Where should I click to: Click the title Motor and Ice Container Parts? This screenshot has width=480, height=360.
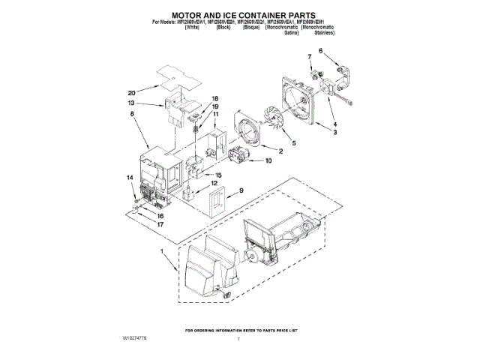point(239,13)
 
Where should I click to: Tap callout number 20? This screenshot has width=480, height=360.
point(131,93)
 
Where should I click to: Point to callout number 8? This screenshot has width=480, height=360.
point(132,113)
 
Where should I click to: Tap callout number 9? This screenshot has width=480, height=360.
point(241,191)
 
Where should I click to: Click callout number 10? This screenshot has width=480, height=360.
point(268,160)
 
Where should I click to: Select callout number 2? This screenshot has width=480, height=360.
point(280,151)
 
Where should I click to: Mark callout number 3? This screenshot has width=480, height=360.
point(334,132)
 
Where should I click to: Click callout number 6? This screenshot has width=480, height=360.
point(320,50)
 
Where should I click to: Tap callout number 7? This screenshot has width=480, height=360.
point(308,57)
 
